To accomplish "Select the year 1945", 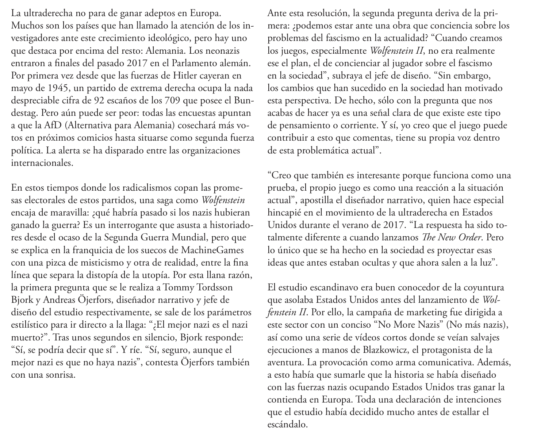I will click(57, 88).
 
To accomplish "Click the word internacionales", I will click(42, 163).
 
